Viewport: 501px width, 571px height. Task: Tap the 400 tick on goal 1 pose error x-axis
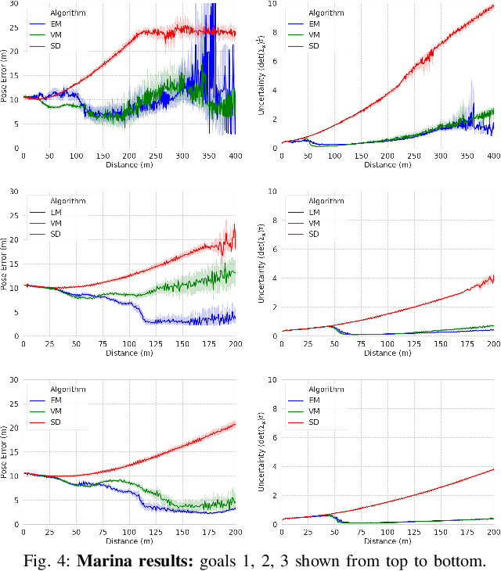234,156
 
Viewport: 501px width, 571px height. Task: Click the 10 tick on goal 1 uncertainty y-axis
272,4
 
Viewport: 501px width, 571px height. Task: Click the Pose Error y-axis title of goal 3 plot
5,452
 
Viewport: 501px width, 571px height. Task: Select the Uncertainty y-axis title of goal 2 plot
264,264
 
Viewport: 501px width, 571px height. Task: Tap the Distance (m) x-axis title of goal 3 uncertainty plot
389,540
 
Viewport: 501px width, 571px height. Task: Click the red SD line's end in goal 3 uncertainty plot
493,469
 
